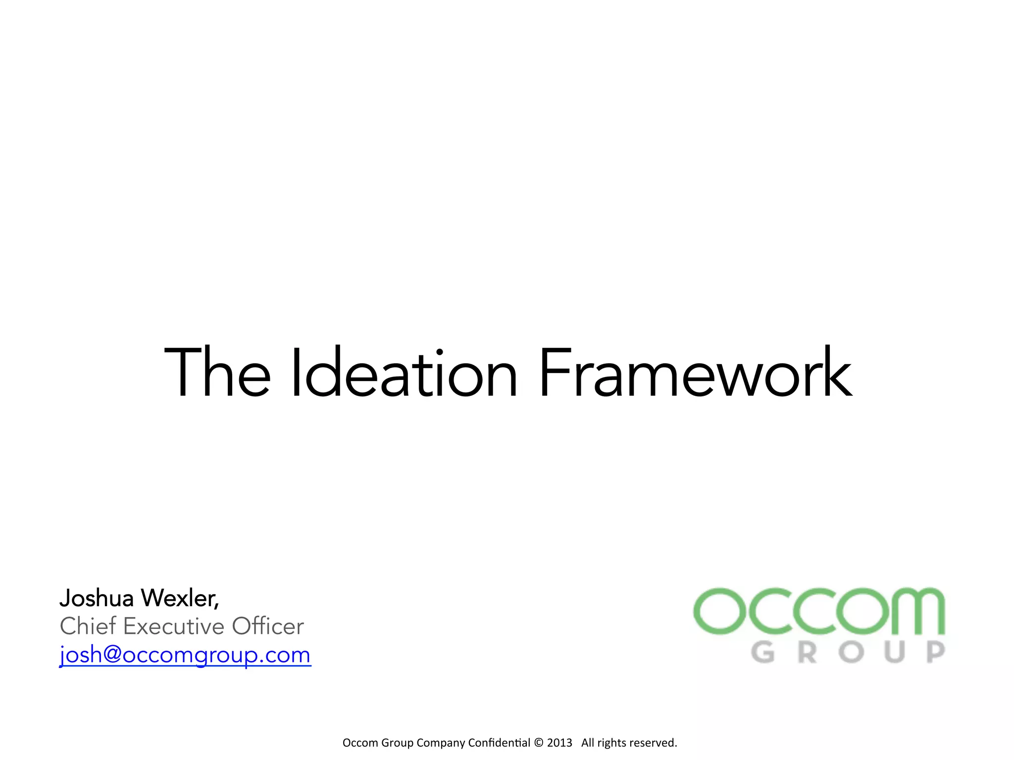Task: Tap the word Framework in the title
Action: pyautogui.click(x=695, y=374)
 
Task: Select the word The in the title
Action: pyautogui.click(x=217, y=374)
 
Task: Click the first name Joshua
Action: pyautogui.click(x=97, y=599)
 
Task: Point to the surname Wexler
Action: pyautogui.click(x=179, y=599)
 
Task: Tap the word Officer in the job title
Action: pyautogui.click(x=267, y=626)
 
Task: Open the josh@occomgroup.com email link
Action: pyautogui.click(x=185, y=655)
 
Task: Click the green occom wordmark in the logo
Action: pyautogui.click(x=819, y=611)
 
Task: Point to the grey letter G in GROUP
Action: pyautogui.click(x=762, y=652)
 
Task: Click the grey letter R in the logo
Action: pyautogui.click(x=807, y=652)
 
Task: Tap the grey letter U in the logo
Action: pyautogui.click(x=895, y=652)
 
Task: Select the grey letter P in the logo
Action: pyautogui.click(x=935, y=652)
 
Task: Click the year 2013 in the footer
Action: pyautogui.click(x=559, y=743)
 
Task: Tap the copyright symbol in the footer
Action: pyautogui.click(x=539, y=743)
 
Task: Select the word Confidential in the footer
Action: pyautogui.click(x=499, y=743)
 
